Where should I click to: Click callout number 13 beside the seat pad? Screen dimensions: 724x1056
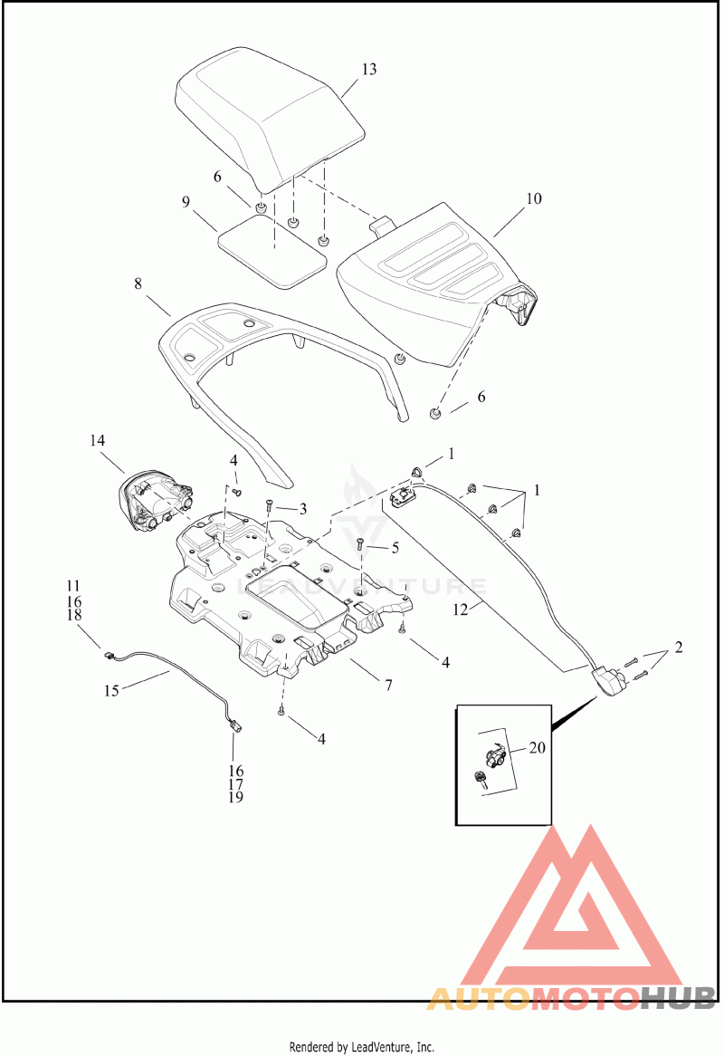[x=368, y=70]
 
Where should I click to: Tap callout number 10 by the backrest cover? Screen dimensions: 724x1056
[x=534, y=198]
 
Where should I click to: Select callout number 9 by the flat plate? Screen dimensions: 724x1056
[x=186, y=202]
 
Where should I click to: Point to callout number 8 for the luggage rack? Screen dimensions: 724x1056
[x=138, y=283]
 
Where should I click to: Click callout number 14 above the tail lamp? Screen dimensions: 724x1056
[x=98, y=440]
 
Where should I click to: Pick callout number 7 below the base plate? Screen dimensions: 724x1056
[x=388, y=686]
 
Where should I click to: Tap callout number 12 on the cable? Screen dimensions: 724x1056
[x=461, y=610]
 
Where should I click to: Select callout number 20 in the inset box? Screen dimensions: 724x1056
[x=537, y=747]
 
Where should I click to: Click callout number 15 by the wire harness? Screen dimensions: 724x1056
[x=111, y=691]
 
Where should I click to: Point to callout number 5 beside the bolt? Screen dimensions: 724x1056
[x=395, y=548]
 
